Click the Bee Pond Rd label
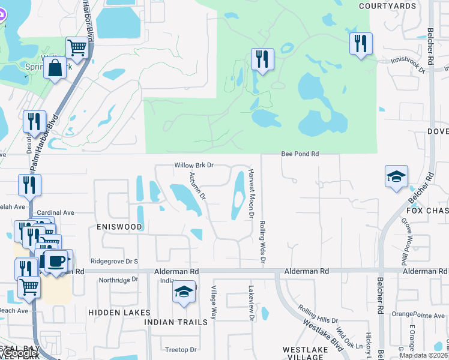tap(300, 154)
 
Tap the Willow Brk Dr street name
tap(194, 165)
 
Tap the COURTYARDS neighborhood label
tap(387, 6)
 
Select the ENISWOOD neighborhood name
tap(119, 227)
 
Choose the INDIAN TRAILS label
tap(176, 322)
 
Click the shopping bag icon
tap(55, 68)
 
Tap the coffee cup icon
tap(57, 262)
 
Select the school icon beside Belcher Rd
tap(396, 176)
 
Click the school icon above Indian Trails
tap(184, 292)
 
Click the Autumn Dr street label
tap(197, 186)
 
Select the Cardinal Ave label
tap(55, 212)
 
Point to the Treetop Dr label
tap(181, 350)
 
